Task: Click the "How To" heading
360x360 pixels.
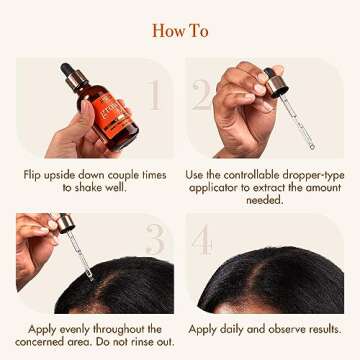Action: (x=180, y=31)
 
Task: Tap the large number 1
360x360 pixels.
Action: (x=154, y=95)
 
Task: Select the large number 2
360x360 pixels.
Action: (x=202, y=95)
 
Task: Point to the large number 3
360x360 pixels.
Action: (x=155, y=239)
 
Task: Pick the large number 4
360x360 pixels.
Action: (x=202, y=240)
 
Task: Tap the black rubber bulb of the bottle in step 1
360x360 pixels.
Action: (x=67, y=69)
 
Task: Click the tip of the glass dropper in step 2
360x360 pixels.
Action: (x=311, y=146)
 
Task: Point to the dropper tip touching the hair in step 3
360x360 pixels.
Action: (x=90, y=276)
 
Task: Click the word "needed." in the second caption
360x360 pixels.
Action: (x=263, y=199)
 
